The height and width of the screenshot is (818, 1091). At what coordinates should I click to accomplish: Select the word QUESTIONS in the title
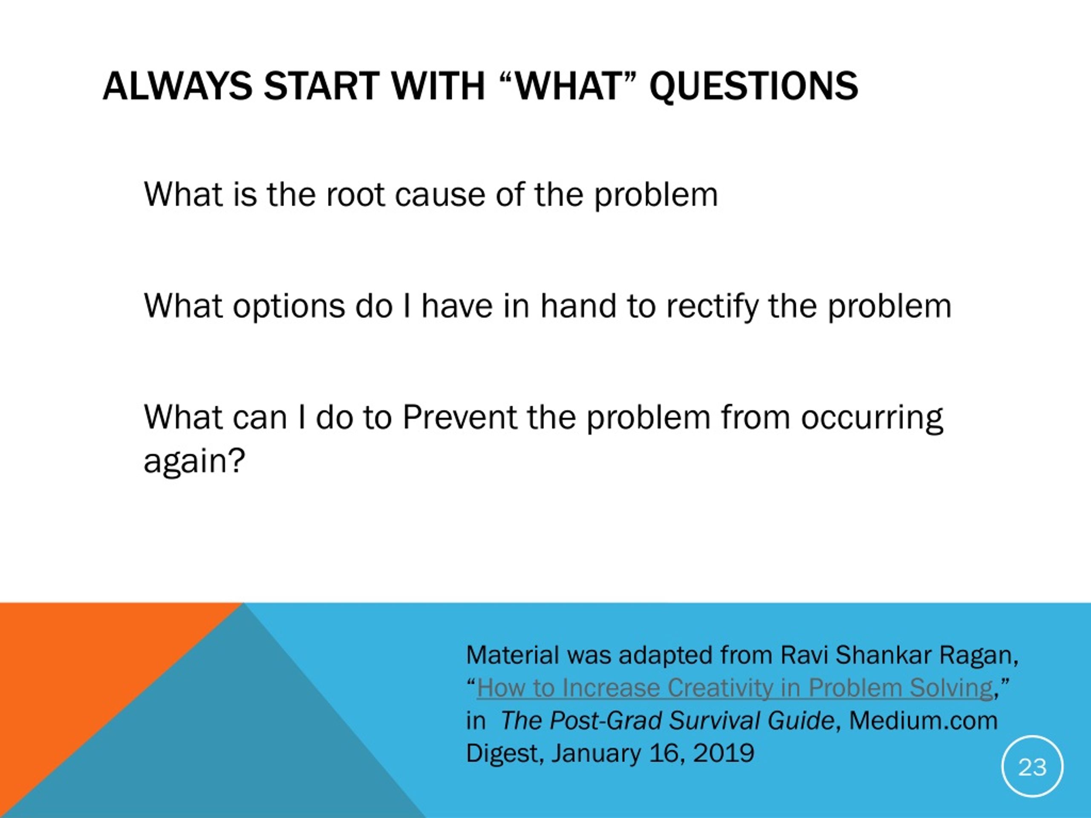point(753,87)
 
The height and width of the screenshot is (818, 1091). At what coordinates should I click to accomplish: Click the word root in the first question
point(355,194)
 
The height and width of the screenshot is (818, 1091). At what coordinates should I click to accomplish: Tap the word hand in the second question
point(578,306)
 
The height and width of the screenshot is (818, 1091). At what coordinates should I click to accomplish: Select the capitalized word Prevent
point(460,417)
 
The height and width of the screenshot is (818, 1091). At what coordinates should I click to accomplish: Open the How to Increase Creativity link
point(735,688)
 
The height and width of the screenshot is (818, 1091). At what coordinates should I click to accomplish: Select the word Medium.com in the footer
point(924,720)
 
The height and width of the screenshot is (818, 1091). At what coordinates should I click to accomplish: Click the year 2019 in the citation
point(724,753)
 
